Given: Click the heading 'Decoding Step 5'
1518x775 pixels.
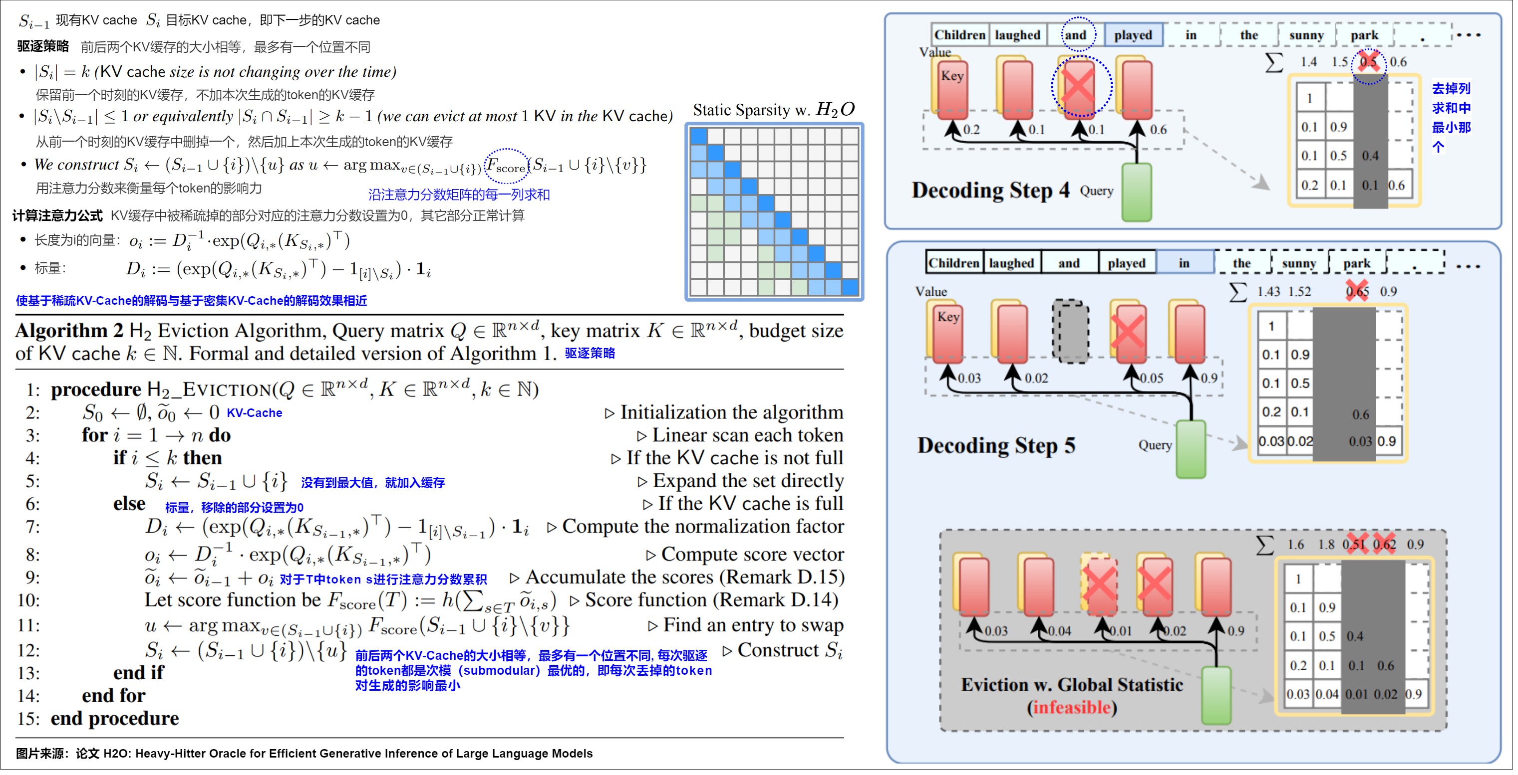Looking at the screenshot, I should [996, 446].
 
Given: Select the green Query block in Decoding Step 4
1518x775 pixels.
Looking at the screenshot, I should [1136, 192].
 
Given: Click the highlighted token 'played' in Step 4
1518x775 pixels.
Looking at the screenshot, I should [1133, 35].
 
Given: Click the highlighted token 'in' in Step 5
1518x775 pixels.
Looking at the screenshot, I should [1185, 263].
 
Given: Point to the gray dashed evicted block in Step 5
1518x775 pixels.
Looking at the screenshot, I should [1070, 332].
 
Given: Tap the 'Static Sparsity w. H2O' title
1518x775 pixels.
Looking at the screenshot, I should [773, 110].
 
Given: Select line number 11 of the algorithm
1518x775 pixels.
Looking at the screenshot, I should [28, 626].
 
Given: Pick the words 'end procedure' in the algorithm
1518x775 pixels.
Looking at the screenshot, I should [115, 719].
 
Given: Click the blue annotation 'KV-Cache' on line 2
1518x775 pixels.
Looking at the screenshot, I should [254, 413].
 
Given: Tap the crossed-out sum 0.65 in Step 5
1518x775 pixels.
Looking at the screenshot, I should [1357, 292].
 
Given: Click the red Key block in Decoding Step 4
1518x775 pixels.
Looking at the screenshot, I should [952, 88].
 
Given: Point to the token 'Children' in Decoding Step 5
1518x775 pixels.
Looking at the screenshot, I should [953, 263].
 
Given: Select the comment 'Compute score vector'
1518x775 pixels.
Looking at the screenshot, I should [752, 555].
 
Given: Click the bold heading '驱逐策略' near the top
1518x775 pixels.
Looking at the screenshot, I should [43, 46].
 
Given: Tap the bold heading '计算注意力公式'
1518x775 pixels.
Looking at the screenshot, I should [58, 215].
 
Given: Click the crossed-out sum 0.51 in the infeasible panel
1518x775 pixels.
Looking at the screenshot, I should [1354, 545].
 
